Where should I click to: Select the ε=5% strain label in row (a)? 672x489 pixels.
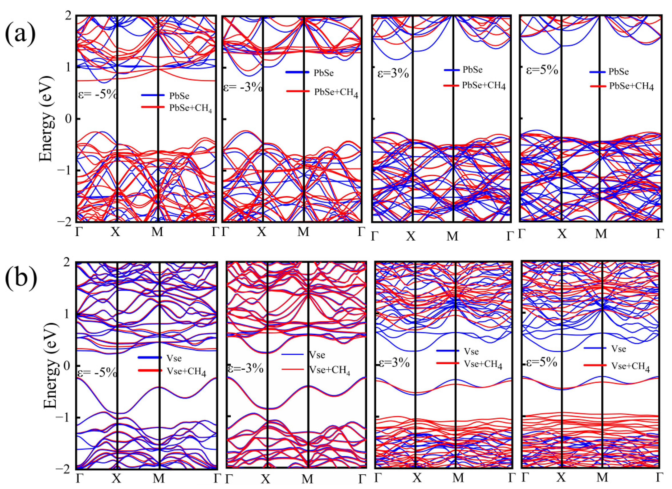[542, 70]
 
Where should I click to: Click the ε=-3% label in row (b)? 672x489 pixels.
[245, 369]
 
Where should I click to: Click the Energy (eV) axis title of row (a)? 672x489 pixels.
[47, 119]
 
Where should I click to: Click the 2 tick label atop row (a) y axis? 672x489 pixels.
[70, 16]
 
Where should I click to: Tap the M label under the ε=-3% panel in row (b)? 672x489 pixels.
[307, 478]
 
